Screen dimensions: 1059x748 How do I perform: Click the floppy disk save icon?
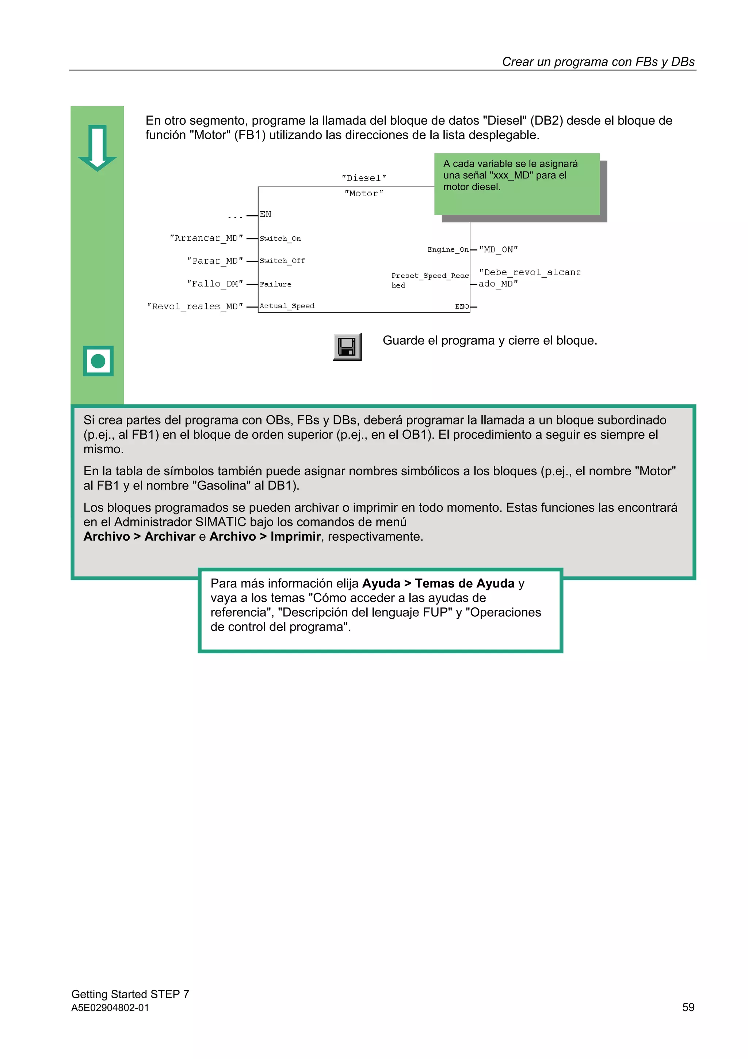[x=347, y=347]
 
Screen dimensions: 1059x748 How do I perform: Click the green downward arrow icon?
[x=97, y=148]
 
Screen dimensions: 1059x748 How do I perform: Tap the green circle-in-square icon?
[x=98, y=361]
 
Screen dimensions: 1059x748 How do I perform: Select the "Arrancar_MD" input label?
[x=206, y=238]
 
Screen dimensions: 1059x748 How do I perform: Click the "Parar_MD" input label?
[x=215, y=261]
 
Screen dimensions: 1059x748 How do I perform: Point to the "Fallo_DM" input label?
[x=215, y=284]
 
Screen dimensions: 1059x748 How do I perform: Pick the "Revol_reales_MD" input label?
[x=195, y=307]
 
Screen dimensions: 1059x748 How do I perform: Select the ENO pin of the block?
[x=462, y=307]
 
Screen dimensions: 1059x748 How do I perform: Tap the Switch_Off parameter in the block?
[x=282, y=261]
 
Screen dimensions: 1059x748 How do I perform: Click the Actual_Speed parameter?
[x=287, y=306]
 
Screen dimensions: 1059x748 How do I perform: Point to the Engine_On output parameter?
[x=447, y=250]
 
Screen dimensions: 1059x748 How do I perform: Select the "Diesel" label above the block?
[x=364, y=178]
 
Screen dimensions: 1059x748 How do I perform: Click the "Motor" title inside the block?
[x=364, y=194]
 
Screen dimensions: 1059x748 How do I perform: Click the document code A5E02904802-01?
[x=110, y=1008]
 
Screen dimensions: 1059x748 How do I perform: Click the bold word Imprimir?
[x=295, y=536]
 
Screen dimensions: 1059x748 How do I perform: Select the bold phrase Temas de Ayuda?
[x=464, y=583]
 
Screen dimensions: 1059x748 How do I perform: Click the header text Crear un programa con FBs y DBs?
[x=598, y=62]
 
